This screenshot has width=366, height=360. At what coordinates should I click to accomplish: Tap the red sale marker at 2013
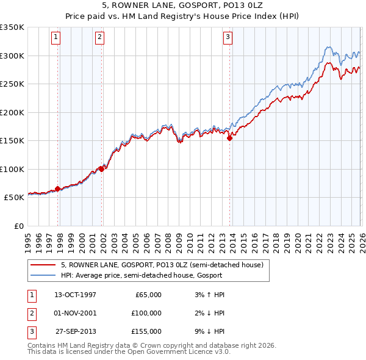point(230,139)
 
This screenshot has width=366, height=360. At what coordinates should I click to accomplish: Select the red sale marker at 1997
point(58,189)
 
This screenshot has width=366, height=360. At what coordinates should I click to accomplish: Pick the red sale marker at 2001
point(101,170)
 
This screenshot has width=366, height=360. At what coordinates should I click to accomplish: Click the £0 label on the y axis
point(18,226)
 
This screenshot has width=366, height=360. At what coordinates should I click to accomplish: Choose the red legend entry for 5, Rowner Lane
point(162,265)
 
